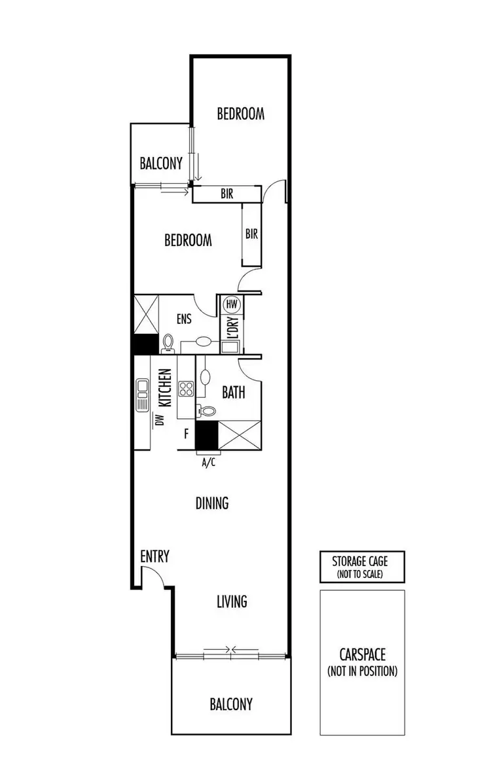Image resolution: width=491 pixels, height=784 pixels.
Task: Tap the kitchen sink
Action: click(x=142, y=395)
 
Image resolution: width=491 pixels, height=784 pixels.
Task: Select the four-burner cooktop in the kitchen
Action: click(x=186, y=389)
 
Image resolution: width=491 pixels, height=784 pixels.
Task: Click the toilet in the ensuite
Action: click(x=168, y=343)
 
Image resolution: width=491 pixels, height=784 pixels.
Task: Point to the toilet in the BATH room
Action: click(x=208, y=411)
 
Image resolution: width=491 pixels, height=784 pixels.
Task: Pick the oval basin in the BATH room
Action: click(x=205, y=377)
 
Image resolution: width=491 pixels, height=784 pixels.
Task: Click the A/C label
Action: click(x=208, y=463)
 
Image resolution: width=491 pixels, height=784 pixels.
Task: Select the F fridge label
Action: click(x=186, y=433)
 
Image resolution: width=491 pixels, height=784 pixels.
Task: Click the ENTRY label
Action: click(x=155, y=557)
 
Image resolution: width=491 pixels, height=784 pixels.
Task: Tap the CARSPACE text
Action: click(x=362, y=654)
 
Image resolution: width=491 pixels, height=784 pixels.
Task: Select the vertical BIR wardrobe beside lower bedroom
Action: click(x=251, y=233)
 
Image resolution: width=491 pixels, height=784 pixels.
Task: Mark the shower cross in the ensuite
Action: click(x=146, y=315)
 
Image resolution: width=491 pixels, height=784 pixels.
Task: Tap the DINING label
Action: click(x=212, y=503)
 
